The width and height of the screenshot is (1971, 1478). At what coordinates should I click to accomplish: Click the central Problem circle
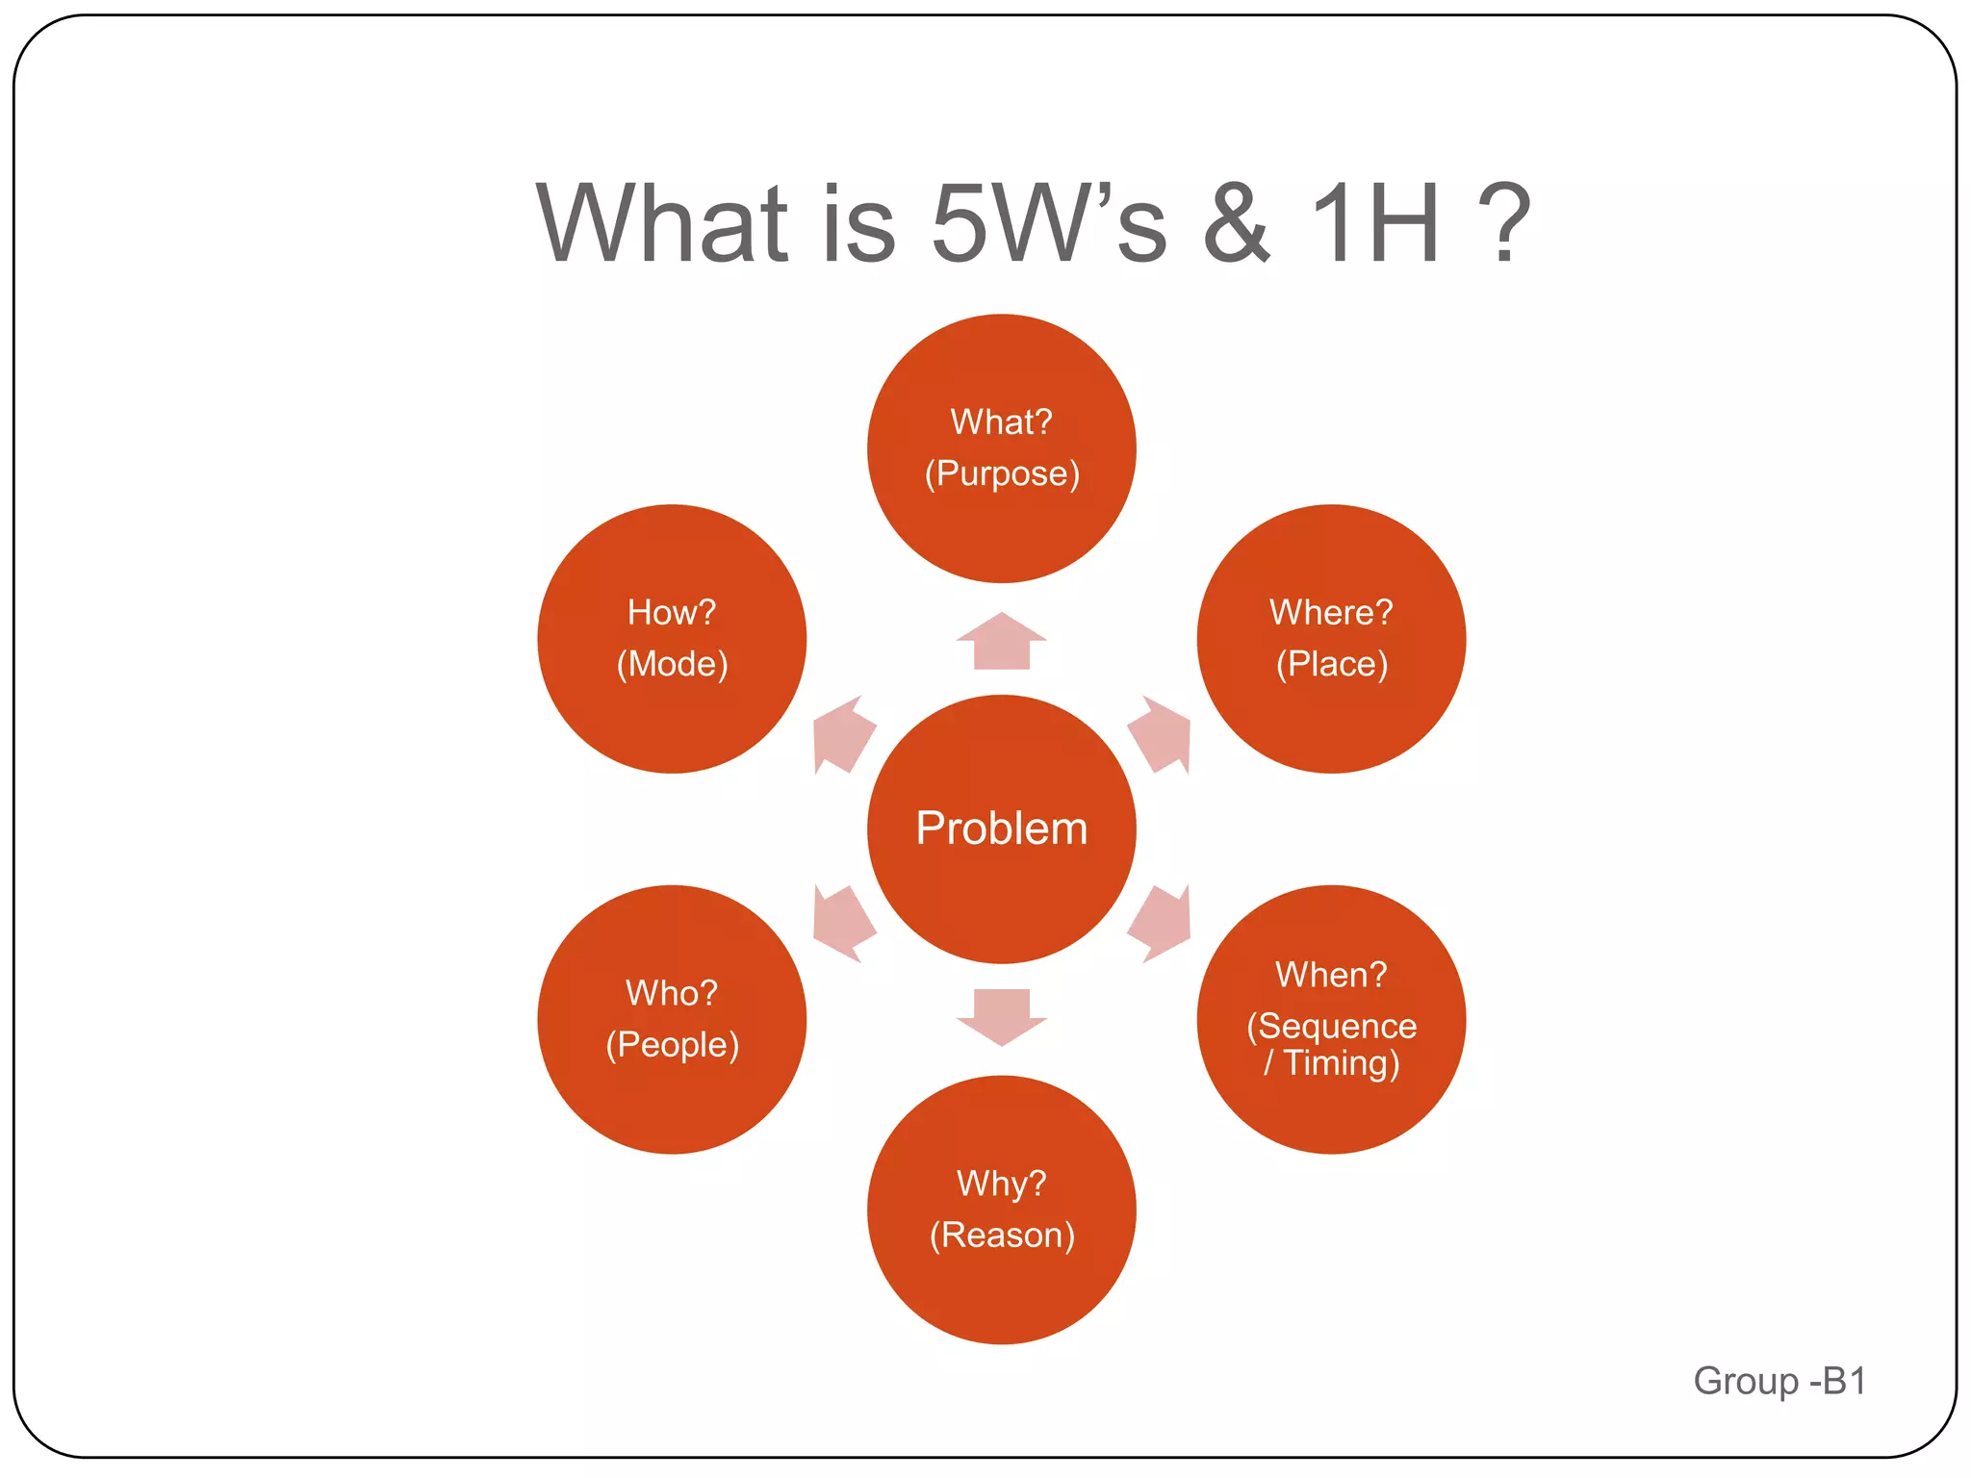[1001, 828]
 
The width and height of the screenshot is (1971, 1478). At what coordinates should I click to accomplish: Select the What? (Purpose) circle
[1001, 448]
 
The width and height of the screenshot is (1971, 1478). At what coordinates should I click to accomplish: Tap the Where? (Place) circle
[1331, 638]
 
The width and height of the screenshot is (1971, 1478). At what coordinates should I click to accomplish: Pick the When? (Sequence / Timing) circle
[1331, 1019]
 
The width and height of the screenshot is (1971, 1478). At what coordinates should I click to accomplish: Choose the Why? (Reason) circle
[1001, 1210]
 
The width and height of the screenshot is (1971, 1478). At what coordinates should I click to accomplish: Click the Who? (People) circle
[672, 1019]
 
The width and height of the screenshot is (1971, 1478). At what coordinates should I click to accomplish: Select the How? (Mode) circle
[672, 638]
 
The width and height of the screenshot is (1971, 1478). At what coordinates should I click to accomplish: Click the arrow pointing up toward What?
[1001, 643]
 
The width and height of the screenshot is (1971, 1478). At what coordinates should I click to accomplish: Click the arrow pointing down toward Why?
[1001, 1015]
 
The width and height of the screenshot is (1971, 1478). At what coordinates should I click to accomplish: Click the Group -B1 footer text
[1779, 1381]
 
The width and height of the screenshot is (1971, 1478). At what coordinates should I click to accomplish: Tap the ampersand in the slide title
[1238, 223]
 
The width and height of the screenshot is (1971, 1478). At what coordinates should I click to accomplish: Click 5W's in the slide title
[1049, 223]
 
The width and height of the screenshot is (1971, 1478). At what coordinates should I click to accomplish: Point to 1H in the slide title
[1376, 223]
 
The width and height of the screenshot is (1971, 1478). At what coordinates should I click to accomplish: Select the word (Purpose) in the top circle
[1002, 473]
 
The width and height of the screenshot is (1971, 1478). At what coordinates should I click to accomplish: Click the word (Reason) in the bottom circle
[1002, 1235]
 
